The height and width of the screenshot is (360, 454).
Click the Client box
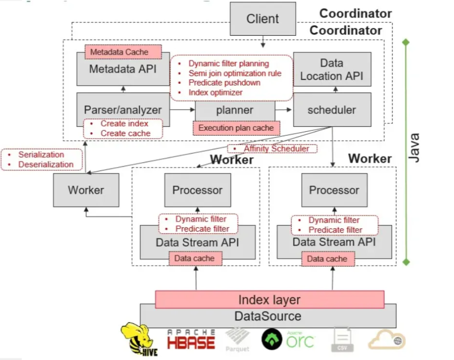click(263, 19)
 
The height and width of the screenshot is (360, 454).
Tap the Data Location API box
click(332, 70)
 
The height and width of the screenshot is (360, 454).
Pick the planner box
click(235, 110)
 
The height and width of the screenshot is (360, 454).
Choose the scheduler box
click(332, 110)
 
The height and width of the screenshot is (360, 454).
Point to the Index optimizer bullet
click(215, 93)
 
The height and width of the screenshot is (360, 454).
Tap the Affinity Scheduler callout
click(272, 148)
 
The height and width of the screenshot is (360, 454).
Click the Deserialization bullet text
click(46, 165)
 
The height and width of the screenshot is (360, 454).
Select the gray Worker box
click(86, 190)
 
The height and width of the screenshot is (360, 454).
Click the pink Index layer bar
click(269, 300)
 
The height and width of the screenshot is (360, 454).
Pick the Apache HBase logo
click(191, 339)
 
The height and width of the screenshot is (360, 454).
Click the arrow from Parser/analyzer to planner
click(183, 110)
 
